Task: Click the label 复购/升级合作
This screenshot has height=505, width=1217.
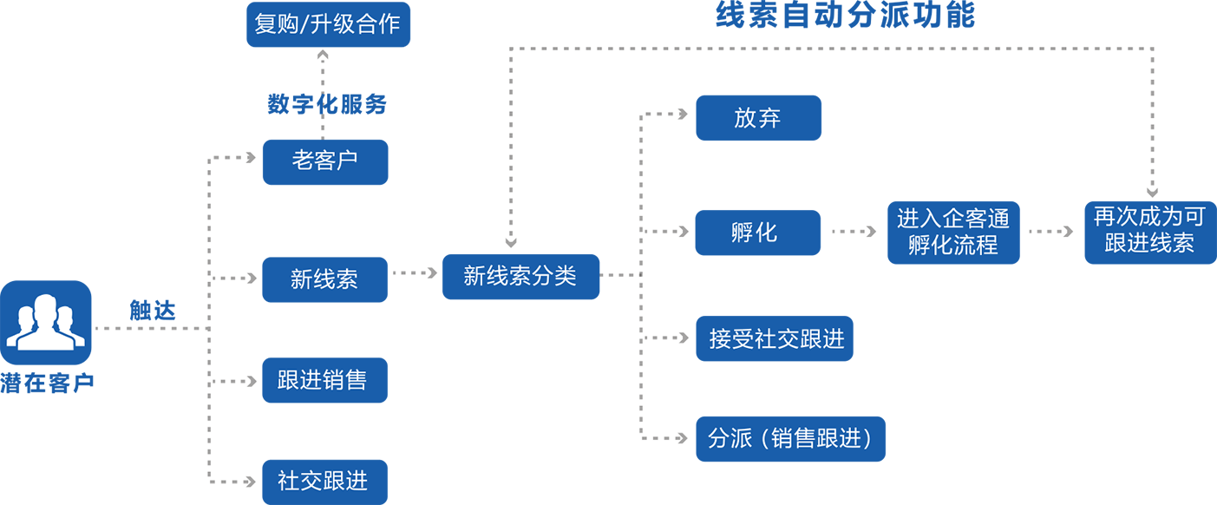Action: [x=327, y=24]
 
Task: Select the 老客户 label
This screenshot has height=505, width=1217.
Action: [x=324, y=161]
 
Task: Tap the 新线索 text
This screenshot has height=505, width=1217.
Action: [x=324, y=279]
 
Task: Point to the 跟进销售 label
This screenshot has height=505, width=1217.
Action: [x=322, y=380]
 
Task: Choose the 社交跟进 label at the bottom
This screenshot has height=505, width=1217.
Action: [x=322, y=481]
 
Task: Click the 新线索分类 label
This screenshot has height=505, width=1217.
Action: [x=520, y=277]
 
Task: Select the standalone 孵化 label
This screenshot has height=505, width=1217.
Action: [x=754, y=233]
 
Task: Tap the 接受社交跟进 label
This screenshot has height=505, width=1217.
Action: [x=776, y=339]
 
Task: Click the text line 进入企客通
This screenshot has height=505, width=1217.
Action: [x=952, y=219]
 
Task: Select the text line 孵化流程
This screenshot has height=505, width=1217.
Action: [x=952, y=246]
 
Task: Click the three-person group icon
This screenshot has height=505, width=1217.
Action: [x=45, y=322]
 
